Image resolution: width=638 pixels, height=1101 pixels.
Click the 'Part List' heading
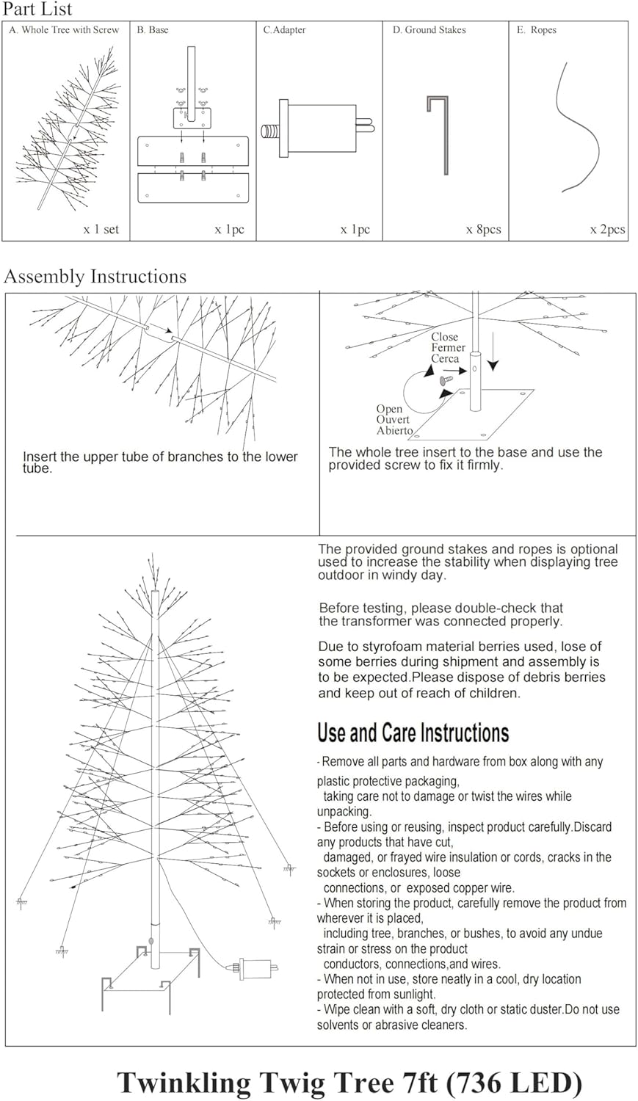click(x=38, y=10)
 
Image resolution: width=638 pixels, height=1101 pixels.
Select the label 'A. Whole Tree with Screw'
click(x=64, y=30)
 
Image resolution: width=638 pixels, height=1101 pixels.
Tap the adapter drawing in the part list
click(x=319, y=128)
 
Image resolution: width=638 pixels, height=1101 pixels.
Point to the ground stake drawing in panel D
click(x=440, y=135)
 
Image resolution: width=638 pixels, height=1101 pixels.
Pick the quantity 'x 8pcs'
click(x=483, y=230)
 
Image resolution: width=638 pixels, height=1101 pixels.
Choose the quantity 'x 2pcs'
click(x=607, y=230)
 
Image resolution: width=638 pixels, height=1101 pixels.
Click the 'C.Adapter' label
click(x=284, y=30)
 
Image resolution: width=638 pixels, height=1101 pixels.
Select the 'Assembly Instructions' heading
click(x=95, y=277)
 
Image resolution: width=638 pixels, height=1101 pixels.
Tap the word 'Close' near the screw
click(x=444, y=337)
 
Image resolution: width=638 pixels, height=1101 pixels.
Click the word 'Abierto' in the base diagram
click(x=394, y=431)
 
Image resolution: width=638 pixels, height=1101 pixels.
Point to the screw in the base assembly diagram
click(x=445, y=379)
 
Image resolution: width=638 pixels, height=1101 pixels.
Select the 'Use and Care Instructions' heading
click(x=413, y=733)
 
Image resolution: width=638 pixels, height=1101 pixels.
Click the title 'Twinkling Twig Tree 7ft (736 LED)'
click(x=349, y=1082)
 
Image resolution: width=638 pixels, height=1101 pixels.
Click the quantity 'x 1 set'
click(x=101, y=230)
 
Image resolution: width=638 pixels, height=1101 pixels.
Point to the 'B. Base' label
click(x=152, y=30)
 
